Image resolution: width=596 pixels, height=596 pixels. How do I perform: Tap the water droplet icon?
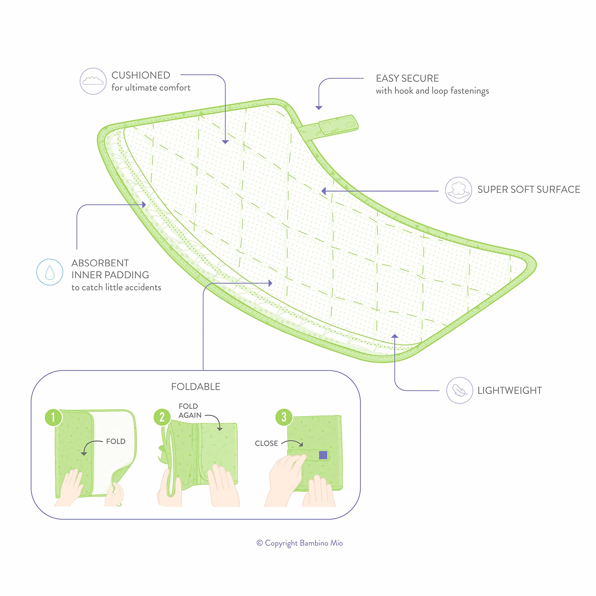(50, 272)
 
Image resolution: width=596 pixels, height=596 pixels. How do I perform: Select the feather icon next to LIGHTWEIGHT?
(460, 390)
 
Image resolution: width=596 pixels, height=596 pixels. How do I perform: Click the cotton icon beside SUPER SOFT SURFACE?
(459, 190)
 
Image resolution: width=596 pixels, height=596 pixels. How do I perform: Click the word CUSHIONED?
(141, 75)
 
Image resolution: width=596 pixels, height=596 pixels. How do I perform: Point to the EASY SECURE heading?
(407, 78)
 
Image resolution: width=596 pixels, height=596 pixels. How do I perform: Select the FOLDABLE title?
(196, 387)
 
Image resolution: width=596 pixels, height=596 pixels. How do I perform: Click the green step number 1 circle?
(53, 417)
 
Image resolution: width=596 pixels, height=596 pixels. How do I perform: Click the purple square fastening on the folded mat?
(323, 455)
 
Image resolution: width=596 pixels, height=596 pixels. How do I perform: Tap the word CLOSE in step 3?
(266, 443)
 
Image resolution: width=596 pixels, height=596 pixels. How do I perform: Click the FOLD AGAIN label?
(190, 411)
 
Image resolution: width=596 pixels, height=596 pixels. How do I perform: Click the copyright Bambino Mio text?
(299, 551)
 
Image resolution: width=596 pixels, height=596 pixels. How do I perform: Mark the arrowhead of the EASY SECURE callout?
(319, 107)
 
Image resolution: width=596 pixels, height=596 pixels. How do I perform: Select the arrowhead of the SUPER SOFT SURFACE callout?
(324, 191)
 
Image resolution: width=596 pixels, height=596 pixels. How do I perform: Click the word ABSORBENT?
(100, 263)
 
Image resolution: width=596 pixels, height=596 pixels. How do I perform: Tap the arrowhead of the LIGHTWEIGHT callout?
(395, 336)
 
